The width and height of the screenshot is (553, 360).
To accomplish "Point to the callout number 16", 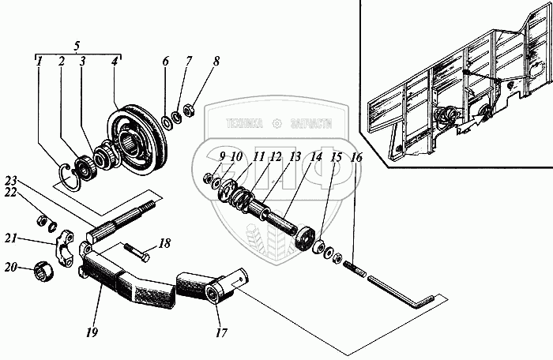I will (x=356, y=158).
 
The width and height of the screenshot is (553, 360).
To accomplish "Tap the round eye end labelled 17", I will (x=215, y=294).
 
